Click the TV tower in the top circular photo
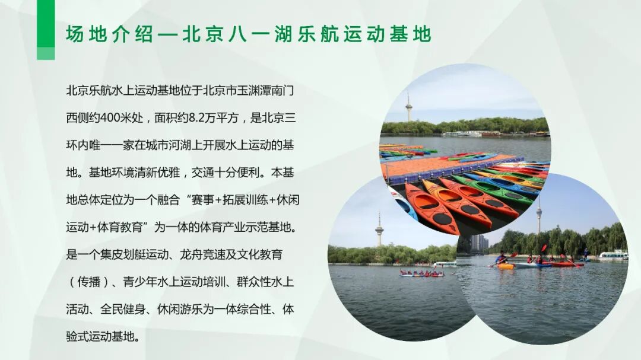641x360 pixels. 408,107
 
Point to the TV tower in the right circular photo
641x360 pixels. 539,216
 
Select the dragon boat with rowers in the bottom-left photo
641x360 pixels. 421,273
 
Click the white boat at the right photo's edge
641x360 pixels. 613,256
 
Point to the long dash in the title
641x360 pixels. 169,34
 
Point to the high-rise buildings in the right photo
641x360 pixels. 480,242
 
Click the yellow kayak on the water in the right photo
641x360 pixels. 506,266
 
